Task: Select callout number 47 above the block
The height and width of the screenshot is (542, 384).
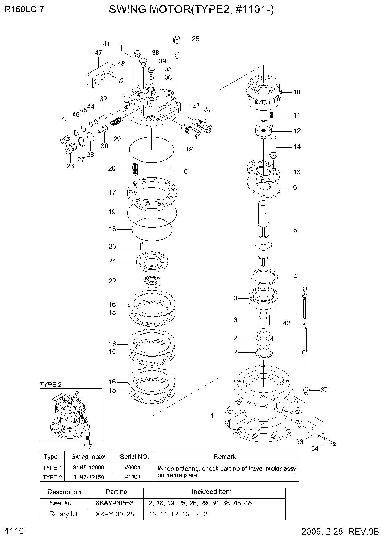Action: (x=98, y=53)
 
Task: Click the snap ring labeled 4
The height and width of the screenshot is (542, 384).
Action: (x=265, y=277)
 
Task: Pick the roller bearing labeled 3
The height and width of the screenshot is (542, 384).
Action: (x=263, y=298)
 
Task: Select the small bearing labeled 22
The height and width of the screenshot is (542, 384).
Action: (x=153, y=281)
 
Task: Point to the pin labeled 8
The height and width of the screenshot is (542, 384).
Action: (x=171, y=171)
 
